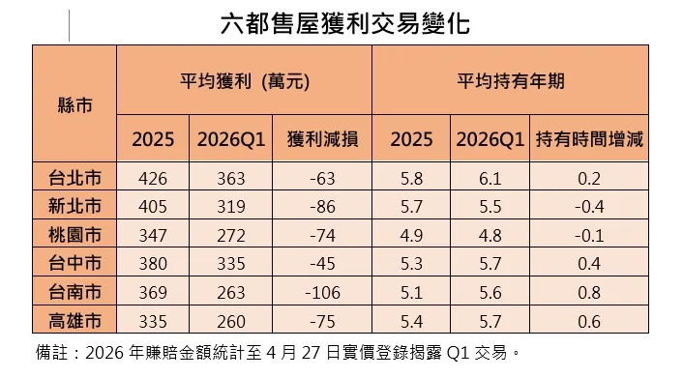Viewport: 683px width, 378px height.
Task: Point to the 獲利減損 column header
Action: [x=323, y=140]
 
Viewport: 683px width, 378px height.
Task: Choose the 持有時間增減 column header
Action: [x=589, y=140]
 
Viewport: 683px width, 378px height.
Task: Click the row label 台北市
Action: [x=75, y=178]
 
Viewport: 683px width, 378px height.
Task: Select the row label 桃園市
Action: [x=75, y=234]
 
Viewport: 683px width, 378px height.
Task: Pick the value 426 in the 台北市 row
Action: [x=153, y=178]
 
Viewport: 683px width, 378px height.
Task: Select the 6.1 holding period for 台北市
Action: [x=492, y=178]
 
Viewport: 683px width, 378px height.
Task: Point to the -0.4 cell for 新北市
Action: [x=589, y=206]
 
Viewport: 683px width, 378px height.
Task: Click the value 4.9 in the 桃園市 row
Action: [x=412, y=234]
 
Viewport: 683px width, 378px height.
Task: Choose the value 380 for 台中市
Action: [x=153, y=262]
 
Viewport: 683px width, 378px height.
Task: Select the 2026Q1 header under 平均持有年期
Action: [x=492, y=140]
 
